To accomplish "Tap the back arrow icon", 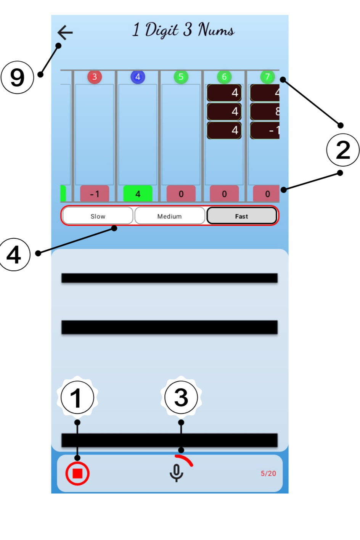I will coord(65,32).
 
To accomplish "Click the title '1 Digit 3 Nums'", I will coord(183,30).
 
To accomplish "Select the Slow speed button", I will coord(98,216).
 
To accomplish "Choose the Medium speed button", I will coord(170,216).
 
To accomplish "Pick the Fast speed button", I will coord(241,216).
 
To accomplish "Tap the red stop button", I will coord(77,473).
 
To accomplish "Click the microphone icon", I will coord(176,473).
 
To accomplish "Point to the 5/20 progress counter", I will coord(268,473).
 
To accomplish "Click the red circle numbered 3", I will coord(95,77).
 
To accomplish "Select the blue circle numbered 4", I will coord(138,77).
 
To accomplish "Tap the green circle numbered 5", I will coord(181,77).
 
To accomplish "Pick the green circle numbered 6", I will coord(224,77).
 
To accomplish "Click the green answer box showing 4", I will coord(138,194).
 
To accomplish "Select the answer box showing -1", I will coord(95,194).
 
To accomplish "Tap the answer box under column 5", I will coord(181,194).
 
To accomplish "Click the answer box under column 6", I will coord(224,194).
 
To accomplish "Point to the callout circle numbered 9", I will coord(17,77).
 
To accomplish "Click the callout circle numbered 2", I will coord(343,149).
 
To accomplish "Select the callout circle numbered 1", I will coord(77,398).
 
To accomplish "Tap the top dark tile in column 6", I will coord(224,93).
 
